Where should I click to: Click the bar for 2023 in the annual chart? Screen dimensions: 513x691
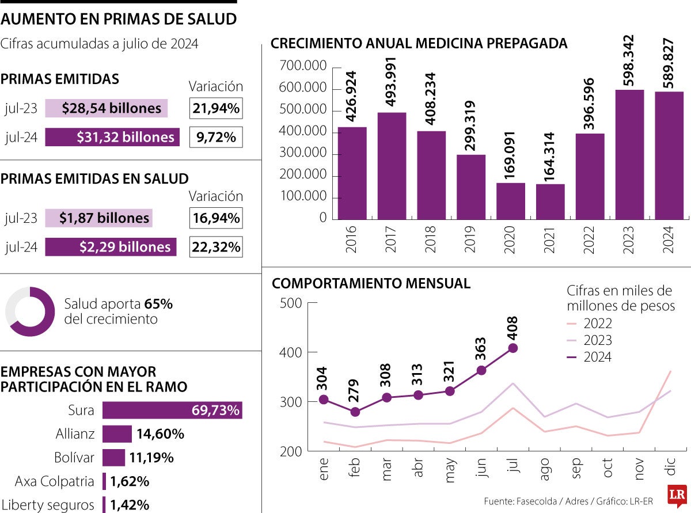click(x=629, y=154)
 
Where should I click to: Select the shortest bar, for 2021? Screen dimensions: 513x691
click(x=550, y=202)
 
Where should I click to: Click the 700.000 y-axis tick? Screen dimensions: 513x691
click(x=303, y=67)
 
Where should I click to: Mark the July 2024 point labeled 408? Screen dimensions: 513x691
click(x=513, y=348)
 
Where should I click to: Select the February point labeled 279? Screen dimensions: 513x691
click(x=355, y=412)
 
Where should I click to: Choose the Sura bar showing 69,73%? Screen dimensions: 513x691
click(x=172, y=411)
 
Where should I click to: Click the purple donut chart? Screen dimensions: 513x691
click(x=30, y=311)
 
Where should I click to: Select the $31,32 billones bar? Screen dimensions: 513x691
click(x=112, y=137)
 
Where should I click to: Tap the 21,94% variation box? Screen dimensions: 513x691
click(x=216, y=108)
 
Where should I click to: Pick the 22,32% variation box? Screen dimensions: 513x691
click(x=216, y=247)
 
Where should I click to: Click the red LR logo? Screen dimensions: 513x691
click(x=677, y=496)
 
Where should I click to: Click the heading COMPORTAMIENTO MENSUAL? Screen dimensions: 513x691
click(x=371, y=283)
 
